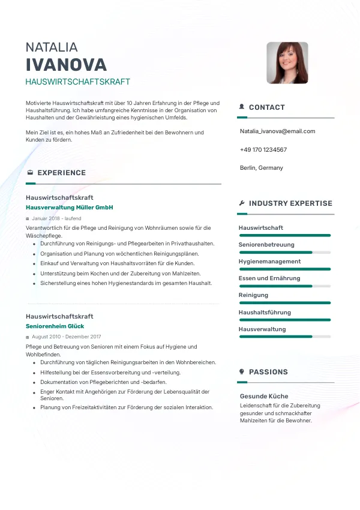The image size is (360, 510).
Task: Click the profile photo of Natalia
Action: click(287, 62)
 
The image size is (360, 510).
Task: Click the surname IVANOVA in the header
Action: click(66, 65)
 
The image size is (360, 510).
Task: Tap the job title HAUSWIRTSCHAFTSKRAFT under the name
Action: click(78, 82)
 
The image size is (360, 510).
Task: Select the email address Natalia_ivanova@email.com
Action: click(277, 131)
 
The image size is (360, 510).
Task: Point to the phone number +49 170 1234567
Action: click(263, 150)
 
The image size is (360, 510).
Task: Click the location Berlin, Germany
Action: click(261, 168)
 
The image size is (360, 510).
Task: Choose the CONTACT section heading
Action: click(266, 107)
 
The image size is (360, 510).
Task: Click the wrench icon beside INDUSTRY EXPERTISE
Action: click(242, 203)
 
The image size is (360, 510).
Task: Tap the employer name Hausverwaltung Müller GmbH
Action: click(70, 208)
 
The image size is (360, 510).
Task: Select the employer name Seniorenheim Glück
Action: click(55, 326)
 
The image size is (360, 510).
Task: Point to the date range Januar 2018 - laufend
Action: click(56, 218)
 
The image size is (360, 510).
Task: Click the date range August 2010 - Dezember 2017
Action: click(66, 337)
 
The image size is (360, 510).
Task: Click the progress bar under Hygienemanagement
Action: click(284, 269)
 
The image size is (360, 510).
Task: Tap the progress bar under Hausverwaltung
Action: click(284, 337)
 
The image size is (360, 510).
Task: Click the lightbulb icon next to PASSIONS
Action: click(242, 372)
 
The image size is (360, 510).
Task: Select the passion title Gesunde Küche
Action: click(264, 397)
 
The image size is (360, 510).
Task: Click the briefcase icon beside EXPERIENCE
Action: click(30, 173)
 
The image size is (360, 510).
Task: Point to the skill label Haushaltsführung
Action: click(265, 313)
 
